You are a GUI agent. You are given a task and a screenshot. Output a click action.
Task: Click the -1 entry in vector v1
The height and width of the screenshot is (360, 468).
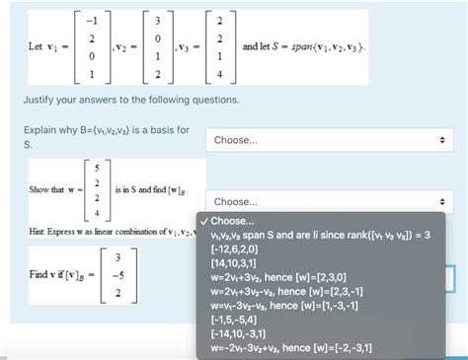pyautogui.click(x=94, y=22)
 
